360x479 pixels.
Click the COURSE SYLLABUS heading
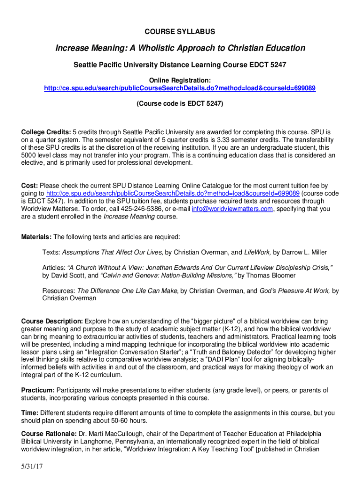tap(180, 32)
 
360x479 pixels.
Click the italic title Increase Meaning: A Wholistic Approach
tap(180, 48)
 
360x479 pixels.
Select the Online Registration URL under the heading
tap(180, 88)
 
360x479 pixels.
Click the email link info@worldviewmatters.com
tap(232, 209)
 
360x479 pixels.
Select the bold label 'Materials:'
tap(37, 237)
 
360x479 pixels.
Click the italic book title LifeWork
tap(257, 253)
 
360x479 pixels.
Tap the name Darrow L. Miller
tap(300, 253)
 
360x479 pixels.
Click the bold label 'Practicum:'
tap(38, 390)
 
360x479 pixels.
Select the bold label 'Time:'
tap(30, 413)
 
